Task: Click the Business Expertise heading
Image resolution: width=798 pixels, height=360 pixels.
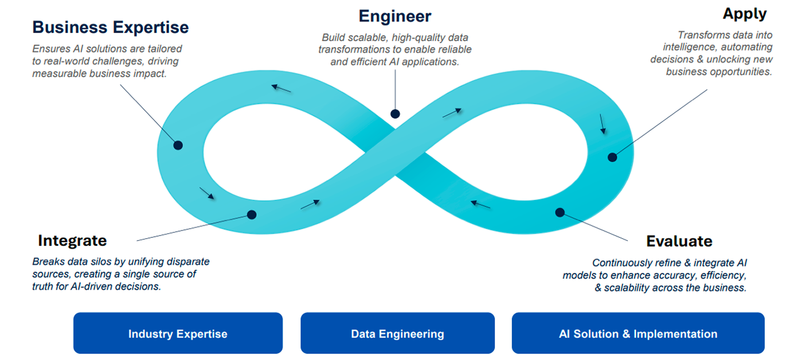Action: pyautogui.click(x=110, y=27)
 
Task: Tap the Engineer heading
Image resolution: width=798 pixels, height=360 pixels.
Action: pyautogui.click(x=394, y=15)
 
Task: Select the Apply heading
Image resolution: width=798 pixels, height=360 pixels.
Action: pyautogui.click(x=745, y=13)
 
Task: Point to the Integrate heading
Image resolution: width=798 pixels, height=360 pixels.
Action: pyautogui.click(x=72, y=240)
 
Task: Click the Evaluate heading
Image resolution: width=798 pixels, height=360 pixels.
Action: pyautogui.click(x=679, y=241)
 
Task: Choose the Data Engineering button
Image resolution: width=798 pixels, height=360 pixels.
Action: pyautogui.click(x=397, y=334)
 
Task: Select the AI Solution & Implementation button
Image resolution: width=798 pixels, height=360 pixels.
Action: pyautogui.click(x=638, y=334)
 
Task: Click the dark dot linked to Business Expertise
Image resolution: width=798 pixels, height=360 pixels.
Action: pyautogui.click(x=178, y=146)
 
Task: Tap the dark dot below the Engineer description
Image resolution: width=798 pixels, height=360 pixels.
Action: pyautogui.click(x=394, y=114)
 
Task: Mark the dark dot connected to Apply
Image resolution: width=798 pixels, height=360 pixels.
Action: pyautogui.click(x=612, y=157)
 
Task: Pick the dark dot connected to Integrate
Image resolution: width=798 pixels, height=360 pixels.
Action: pyautogui.click(x=252, y=215)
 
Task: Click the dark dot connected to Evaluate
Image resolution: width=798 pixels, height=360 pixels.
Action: pyautogui.click(x=560, y=213)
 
